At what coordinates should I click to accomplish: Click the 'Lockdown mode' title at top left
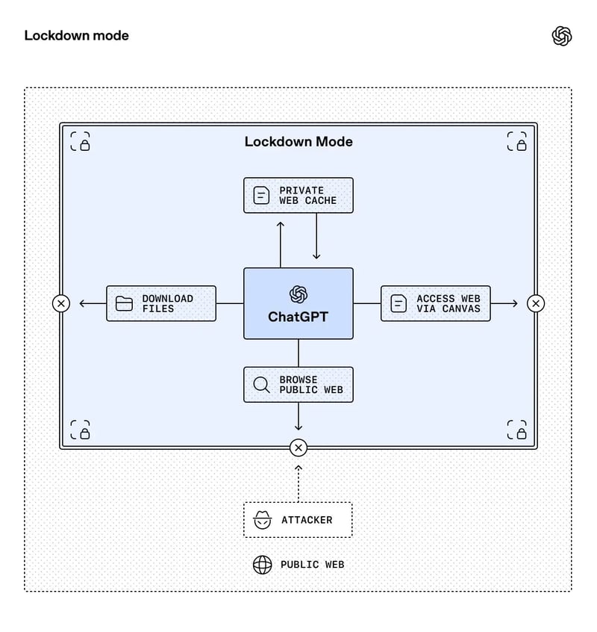coord(76,35)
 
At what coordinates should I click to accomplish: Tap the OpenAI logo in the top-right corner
coord(562,36)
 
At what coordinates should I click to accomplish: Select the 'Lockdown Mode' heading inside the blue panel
coord(298,141)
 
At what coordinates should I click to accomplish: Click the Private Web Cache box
coord(298,195)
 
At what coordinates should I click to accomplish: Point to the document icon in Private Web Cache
coord(261,196)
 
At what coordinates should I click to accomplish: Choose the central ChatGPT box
coord(298,303)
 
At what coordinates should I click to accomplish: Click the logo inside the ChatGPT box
coord(298,294)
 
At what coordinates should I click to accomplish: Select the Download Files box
coord(161,303)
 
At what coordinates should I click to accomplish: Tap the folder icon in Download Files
coord(124,303)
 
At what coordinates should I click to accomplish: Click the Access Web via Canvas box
coord(436,303)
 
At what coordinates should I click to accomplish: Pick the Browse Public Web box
coord(298,385)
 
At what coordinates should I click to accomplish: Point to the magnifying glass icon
coord(261,385)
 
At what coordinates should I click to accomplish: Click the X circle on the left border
coord(61,303)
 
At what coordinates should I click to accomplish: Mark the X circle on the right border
coord(536,303)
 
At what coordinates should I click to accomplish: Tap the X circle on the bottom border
coord(298,448)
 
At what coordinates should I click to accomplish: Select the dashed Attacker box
coord(298,520)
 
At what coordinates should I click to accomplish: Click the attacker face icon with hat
coord(261,520)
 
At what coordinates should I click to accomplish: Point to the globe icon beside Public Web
coord(262,565)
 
